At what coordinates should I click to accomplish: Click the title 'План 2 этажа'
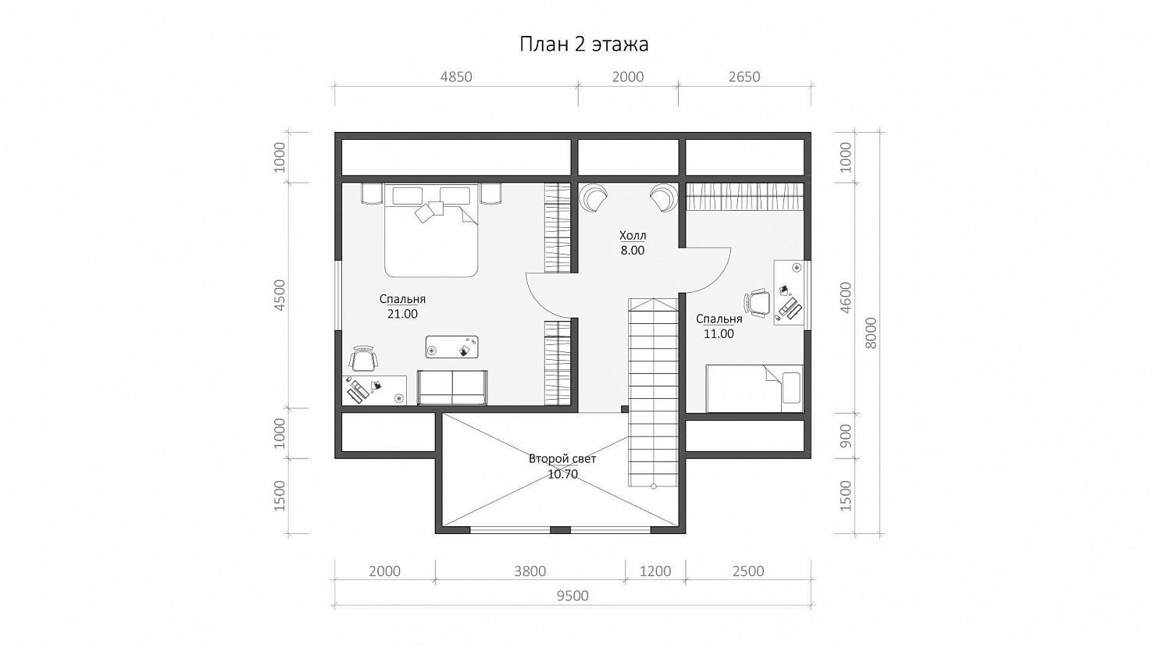click(x=583, y=45)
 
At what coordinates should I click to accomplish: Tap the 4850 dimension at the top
click(x=456, y=77)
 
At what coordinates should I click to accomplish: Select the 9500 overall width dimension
click(x=572, y=596)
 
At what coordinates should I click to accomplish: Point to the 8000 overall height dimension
click(x=870, y=333)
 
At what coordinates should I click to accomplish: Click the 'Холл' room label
click(x=633, y=236)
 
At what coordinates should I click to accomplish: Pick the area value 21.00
click(x=402, y=314)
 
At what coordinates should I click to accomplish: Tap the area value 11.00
click(x=719, y=334)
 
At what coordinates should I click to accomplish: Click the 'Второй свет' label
click(x=562, y=458)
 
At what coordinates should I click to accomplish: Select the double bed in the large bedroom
click(x=431, y=230)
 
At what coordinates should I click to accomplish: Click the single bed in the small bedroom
click(x=754, y=388)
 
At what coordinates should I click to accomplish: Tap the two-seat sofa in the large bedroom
click(x=452, y=388)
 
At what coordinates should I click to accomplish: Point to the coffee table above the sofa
click(x=452, y=347)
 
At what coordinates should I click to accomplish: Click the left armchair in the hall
click(x=593, y=197)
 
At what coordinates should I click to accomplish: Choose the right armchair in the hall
click(x=664, y=197)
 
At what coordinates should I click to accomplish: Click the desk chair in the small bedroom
click(x=757, y=303)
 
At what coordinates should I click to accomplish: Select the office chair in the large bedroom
click(x=364, y=358)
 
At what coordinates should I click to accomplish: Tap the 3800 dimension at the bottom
click(x=530, y=571)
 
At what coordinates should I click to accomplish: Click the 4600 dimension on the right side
click(x=845, y=297)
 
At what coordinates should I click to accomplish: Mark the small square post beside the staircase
click(x=624, y=409)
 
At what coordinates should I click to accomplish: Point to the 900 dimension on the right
click(x=845, y=436)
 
